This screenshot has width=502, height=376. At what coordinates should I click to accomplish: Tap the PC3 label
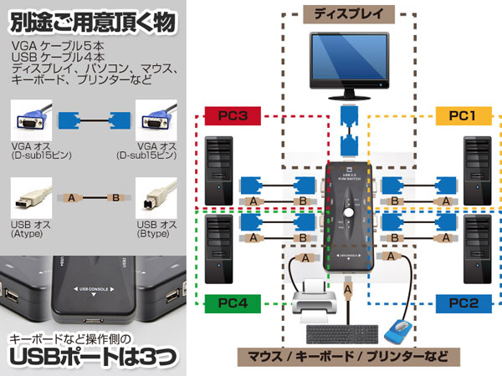point(230,115)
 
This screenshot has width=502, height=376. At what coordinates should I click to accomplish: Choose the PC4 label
point(230,302)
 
